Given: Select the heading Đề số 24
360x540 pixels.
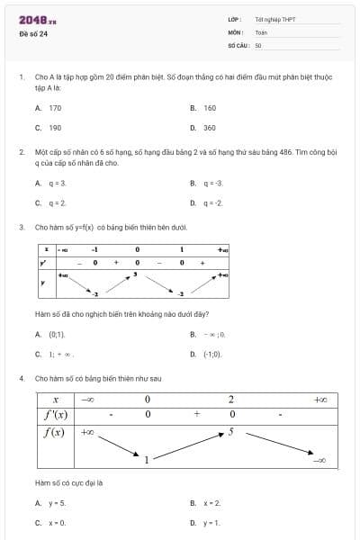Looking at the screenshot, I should pos(33,34).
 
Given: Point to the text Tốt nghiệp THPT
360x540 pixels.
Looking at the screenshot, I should pos(275,19).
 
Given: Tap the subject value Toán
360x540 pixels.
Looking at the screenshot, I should pos(261,31).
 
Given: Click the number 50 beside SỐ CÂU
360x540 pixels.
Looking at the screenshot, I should pos(258,44).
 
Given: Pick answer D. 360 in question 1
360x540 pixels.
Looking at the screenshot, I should pos(204,128).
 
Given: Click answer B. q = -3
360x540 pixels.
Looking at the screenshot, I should pos(207,183).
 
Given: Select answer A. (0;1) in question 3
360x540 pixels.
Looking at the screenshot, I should pos(50,334).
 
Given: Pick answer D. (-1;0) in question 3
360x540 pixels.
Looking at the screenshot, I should pos(206,354).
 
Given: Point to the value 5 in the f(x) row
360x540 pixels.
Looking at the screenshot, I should pos(231,432).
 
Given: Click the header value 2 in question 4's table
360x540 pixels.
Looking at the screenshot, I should pos(231,400).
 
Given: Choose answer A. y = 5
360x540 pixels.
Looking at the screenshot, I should pos(50,503).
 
